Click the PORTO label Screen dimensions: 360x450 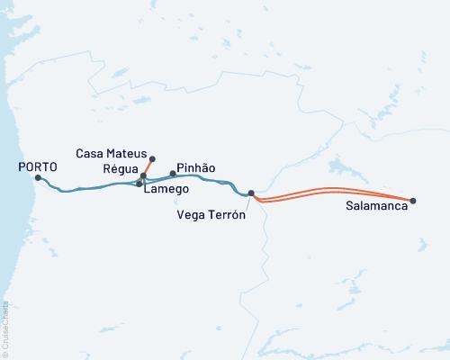click(x=38, y=166)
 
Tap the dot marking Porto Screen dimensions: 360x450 click(x=37, y=177)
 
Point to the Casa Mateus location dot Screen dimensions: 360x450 click(x=152, y=158)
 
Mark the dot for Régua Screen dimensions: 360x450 click(x=143, y=175)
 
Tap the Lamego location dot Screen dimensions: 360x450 click(x=139, y=184)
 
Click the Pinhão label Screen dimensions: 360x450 click(x=196, y=167)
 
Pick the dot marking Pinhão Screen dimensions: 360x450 click(x=173, y=173)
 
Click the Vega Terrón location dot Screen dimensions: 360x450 click(x=251, y=193)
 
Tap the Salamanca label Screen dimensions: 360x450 click(x=374, y=206)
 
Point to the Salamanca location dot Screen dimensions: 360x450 click(x=413, y=201)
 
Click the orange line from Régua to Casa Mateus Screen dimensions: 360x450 click(x=148, y=167)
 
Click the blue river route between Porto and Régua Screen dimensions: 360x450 click(x=90, y=188)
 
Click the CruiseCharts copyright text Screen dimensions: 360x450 click(x=5, y=328)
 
